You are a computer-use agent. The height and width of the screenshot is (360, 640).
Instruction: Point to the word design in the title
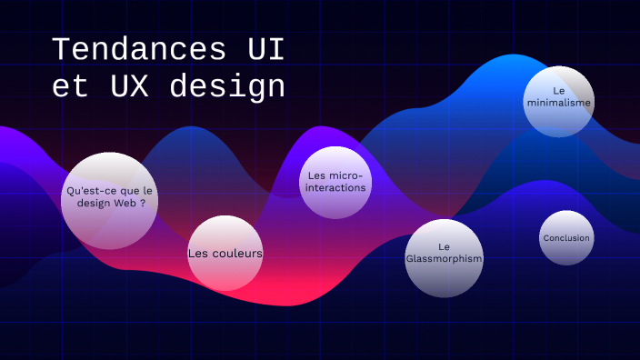pos(227,88)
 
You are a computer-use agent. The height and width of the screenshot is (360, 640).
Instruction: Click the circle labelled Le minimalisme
pos(559,102)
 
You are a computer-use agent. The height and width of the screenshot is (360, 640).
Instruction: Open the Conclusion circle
pos(565,238)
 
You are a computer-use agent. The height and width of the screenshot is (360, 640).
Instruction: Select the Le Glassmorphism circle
pos(444,257)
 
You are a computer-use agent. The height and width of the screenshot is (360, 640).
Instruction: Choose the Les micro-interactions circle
pos(335,183)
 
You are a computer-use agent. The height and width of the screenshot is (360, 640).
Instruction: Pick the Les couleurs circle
pos(225,254)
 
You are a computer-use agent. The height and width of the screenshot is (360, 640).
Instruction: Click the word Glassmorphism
pos(444,259)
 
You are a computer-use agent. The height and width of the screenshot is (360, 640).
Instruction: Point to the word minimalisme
pos(559,104)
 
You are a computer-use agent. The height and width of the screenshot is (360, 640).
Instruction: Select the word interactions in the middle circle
pos(335,188)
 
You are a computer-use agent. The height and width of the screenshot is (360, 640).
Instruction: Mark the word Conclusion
pos(566,238)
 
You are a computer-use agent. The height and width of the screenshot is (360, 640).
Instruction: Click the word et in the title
pos(65,87)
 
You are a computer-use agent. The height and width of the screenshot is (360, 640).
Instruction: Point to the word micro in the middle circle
pos(346,175)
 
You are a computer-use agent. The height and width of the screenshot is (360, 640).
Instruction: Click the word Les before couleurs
pos(197,254)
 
